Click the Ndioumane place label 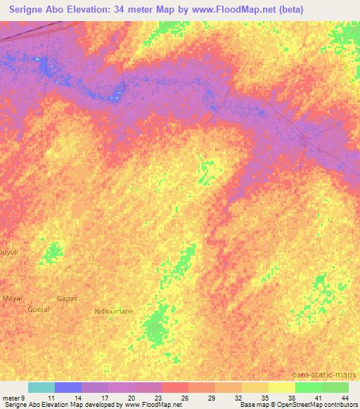(x=113, y=310)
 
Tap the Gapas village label (x=67, y=299)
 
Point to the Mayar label (x=13, y=298)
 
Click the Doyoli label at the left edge (x=7, y=251)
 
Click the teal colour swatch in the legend (x=41, y=387)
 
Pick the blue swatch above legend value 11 (x=68, y=387)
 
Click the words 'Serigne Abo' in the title (x=41, y=9)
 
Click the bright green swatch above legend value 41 (x=308, y=387)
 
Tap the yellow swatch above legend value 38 (x=281, y=387)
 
